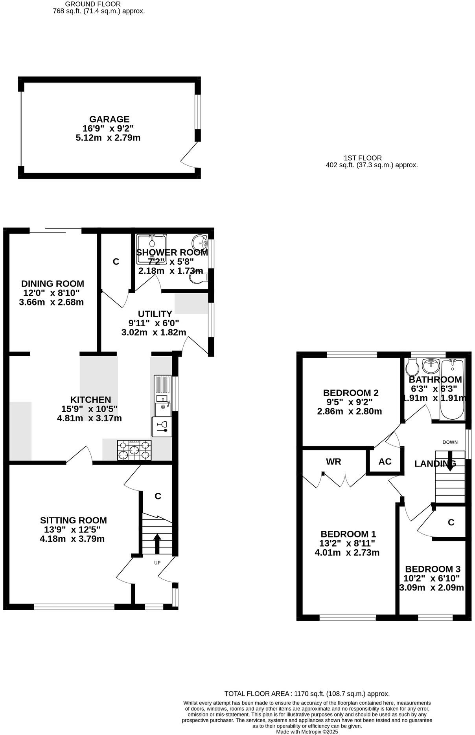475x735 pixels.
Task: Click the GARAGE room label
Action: (109, 119)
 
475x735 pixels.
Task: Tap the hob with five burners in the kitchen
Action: (134, 450)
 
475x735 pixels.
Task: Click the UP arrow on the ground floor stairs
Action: (157, 543)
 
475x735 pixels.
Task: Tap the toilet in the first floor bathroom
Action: (412, 367)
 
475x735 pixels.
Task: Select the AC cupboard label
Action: (385, 462)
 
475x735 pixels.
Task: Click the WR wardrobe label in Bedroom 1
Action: (333, 462)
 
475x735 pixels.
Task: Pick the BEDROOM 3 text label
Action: (433, 569)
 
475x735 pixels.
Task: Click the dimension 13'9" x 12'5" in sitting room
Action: (73, 530)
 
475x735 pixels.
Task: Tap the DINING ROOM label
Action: (52, 283)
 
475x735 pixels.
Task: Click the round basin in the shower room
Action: (200, 240)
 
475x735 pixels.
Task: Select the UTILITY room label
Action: (155, 314)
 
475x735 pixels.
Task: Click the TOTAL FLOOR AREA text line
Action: (307, 694)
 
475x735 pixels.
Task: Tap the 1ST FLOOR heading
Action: (363, 158)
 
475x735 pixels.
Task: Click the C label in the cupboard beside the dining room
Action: (116, 262)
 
